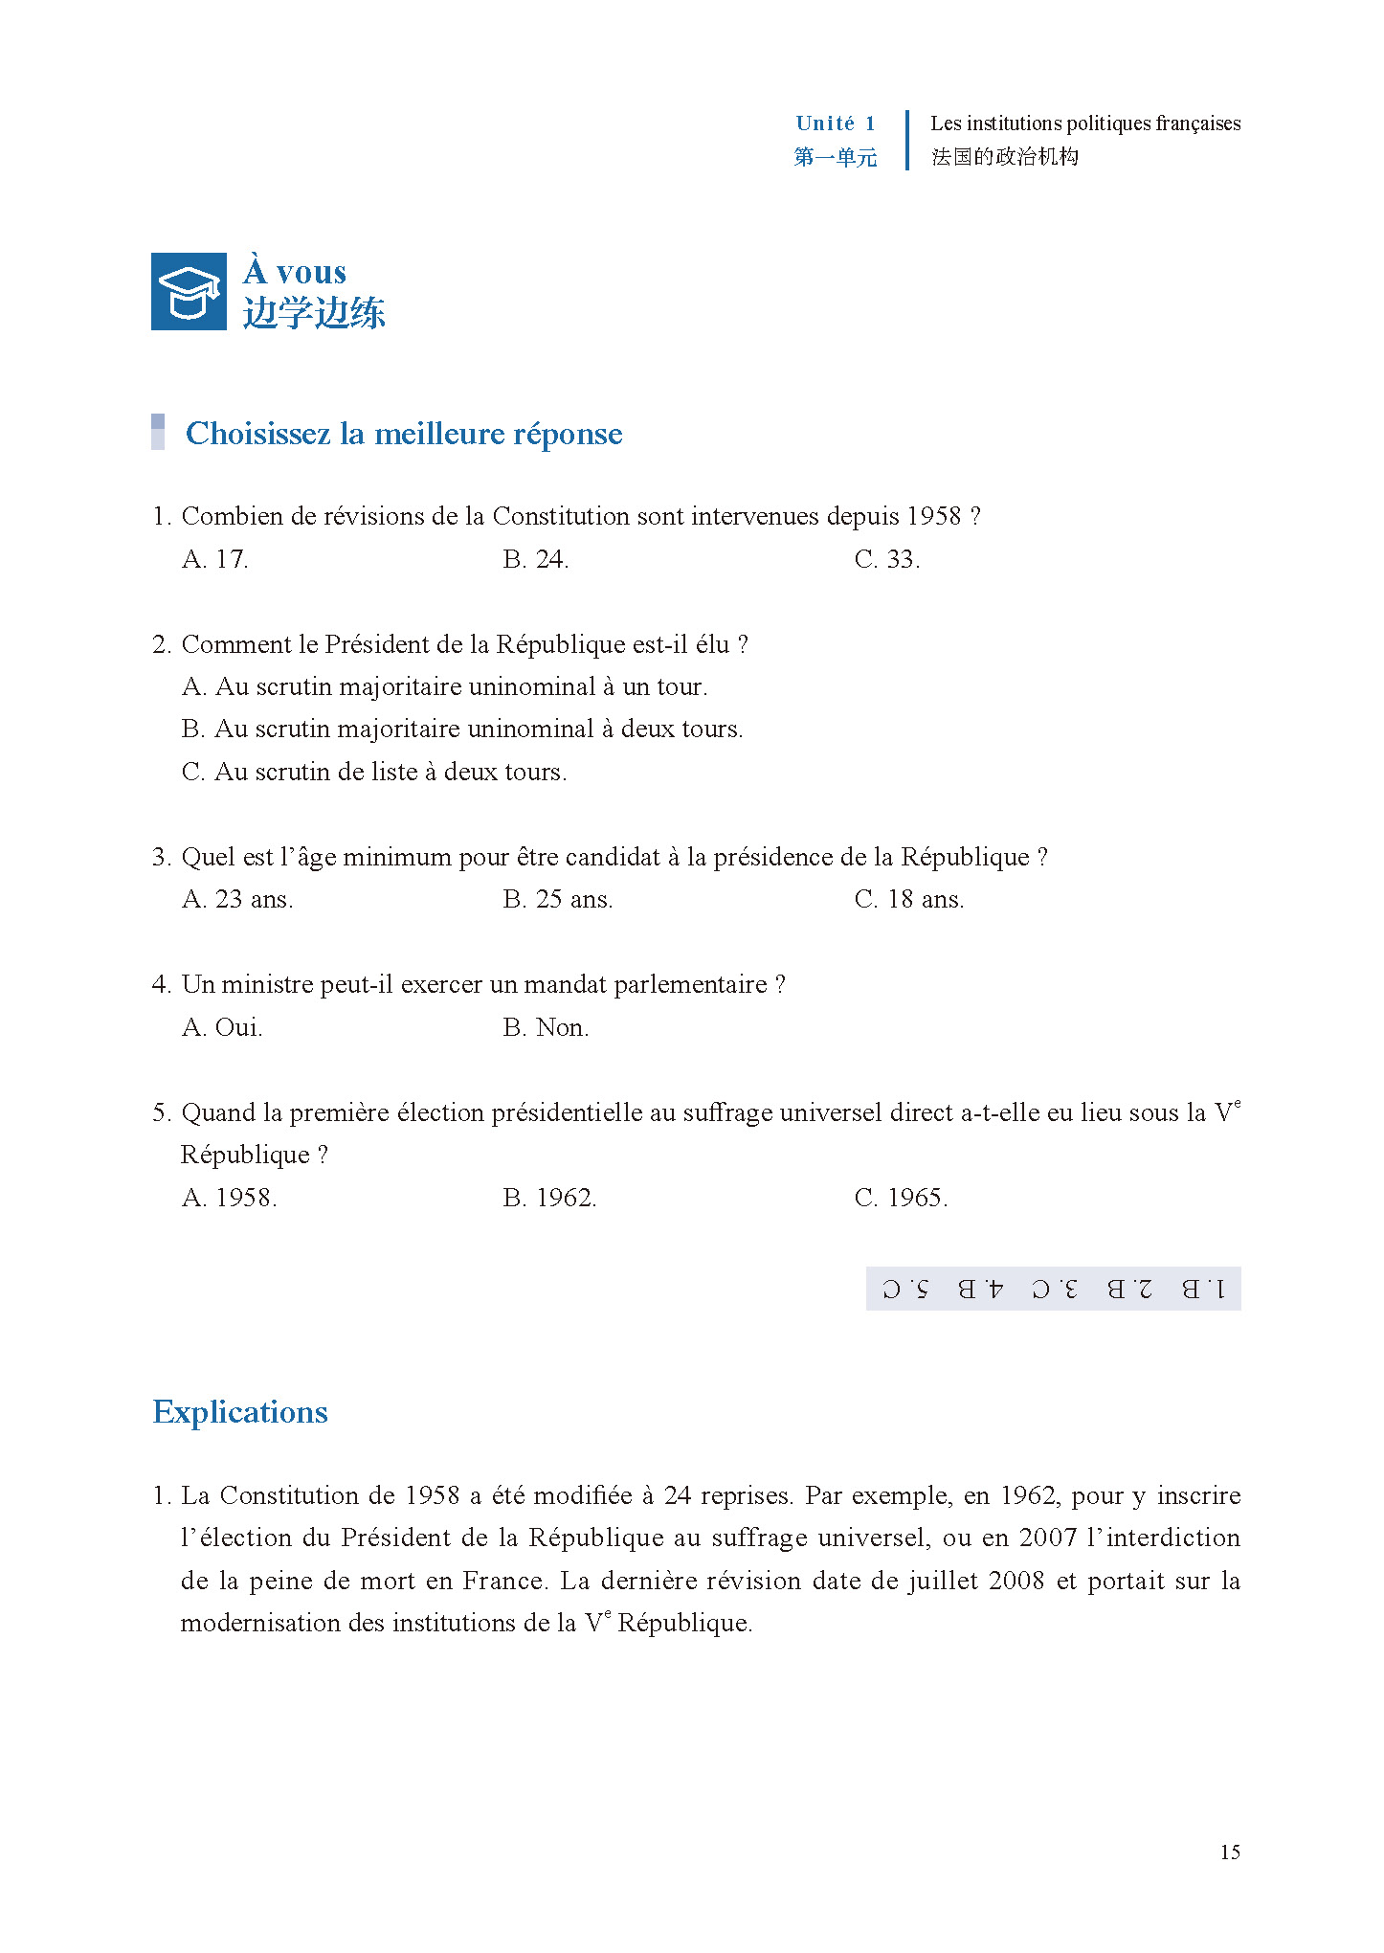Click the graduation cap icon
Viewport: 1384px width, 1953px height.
[189, 292]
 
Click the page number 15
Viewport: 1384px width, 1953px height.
[1230, 1852]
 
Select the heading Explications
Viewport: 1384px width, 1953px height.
[240, 1412]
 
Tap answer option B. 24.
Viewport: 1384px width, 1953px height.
[535, 559]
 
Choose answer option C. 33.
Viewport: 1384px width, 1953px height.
[886, 559]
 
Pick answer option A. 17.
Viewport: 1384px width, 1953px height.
[215, 559]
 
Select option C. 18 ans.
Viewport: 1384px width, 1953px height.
[908, 899]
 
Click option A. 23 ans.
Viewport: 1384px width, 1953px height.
[237, 899]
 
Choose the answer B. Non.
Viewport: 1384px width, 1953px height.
[546, 1027]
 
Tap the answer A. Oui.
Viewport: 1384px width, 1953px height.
[222, 1027]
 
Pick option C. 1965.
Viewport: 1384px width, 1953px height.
[901, 1198]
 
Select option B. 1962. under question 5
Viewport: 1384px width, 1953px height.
[549, 1198]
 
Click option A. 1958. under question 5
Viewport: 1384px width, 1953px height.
[230, 1198]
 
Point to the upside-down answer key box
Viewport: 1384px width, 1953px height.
[1053, 1289]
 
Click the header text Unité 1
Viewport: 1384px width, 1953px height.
[835, 123]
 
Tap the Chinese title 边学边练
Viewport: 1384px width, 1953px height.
[314, 313]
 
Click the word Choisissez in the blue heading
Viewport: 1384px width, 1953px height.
[257, 434]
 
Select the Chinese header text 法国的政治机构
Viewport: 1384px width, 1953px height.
[1005, 157]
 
